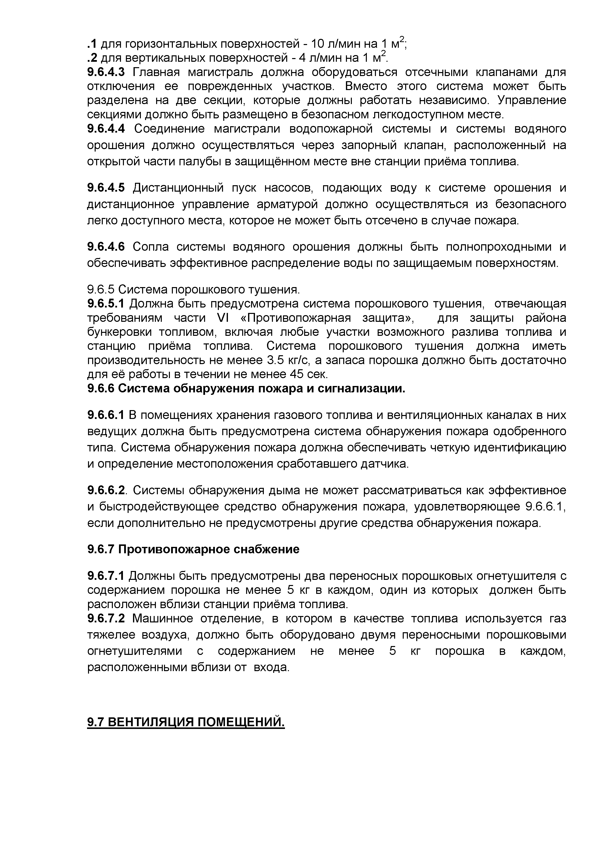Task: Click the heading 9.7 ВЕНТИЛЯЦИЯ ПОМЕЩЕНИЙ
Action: (186, 722)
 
